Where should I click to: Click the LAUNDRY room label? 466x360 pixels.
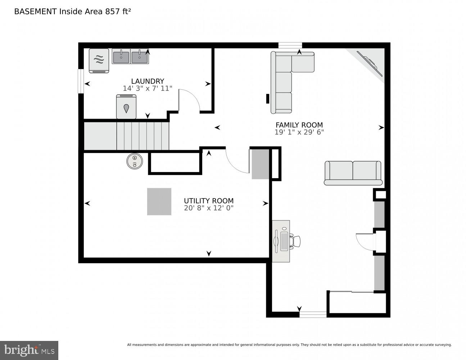coord(148,81)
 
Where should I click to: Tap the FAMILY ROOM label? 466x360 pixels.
coord(299,125)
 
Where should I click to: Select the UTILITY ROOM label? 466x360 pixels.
coord(209,201)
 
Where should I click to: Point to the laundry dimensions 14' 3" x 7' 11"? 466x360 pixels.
coord(148,88)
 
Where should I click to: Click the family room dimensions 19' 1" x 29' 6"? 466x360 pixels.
coord(299,132)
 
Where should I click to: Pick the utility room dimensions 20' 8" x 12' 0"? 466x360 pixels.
coord(209,208)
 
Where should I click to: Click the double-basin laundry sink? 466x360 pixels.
coord(130,56)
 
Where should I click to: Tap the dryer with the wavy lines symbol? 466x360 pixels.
coord(99,60)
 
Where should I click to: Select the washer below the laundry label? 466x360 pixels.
coord(126,107)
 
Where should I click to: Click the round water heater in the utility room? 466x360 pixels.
coord(135,161)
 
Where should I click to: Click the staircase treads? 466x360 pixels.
coord(143,136)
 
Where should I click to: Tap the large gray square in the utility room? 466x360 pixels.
coord(159,202)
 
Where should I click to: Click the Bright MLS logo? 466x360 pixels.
coord(29,350)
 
